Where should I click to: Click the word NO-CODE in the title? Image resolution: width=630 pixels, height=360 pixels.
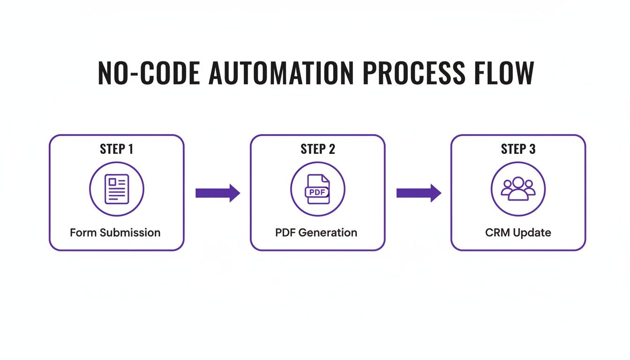[x=148, y=73]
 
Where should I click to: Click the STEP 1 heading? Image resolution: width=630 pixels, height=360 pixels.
[x=117, y=149]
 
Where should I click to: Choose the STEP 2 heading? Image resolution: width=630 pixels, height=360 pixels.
[x=318, y=149]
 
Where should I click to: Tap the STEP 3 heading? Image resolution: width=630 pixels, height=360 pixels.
[x=518, y=149]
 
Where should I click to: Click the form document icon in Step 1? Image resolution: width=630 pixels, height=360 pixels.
[x=117, y=189]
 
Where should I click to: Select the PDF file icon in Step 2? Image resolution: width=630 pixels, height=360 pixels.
[x=318, y=189]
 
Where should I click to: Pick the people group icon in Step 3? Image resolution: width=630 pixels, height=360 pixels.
[x=518, y=189]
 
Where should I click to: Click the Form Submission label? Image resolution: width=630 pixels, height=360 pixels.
[x=115, y=232]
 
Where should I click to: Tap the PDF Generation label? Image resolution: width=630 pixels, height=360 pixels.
[x=316, y=232]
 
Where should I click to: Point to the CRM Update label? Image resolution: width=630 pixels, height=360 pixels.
[x=518, y=232]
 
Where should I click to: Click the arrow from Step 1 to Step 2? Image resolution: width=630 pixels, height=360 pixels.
[x=217, y=193]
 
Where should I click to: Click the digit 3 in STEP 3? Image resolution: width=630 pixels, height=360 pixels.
[x=532, y=149]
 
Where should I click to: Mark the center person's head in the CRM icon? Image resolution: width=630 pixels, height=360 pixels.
[x=518, y=182]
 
